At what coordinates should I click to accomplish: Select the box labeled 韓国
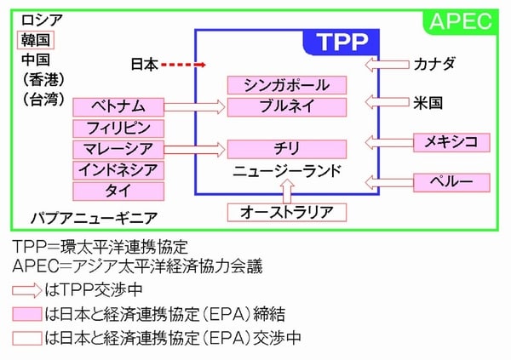click(x=37, y=40)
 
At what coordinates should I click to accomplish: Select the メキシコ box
click(x=451, y=142)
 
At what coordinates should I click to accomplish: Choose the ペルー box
click(x=451, y=182)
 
